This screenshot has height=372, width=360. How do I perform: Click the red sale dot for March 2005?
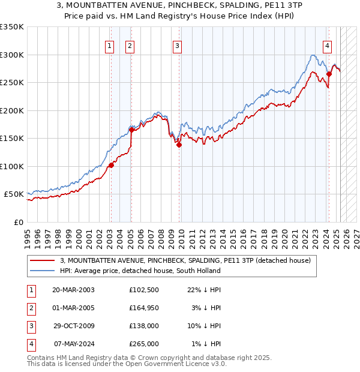click(131, 130)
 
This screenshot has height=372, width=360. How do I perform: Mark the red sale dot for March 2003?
click(111, 165)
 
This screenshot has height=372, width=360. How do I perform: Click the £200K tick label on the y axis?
click(11, 110)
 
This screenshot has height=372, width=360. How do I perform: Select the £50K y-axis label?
click(14, 194)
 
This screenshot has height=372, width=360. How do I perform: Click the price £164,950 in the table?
click(143, 308)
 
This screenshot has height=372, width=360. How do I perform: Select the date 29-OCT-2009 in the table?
click(73, 326)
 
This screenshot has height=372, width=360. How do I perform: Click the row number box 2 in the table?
click(30, 308)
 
